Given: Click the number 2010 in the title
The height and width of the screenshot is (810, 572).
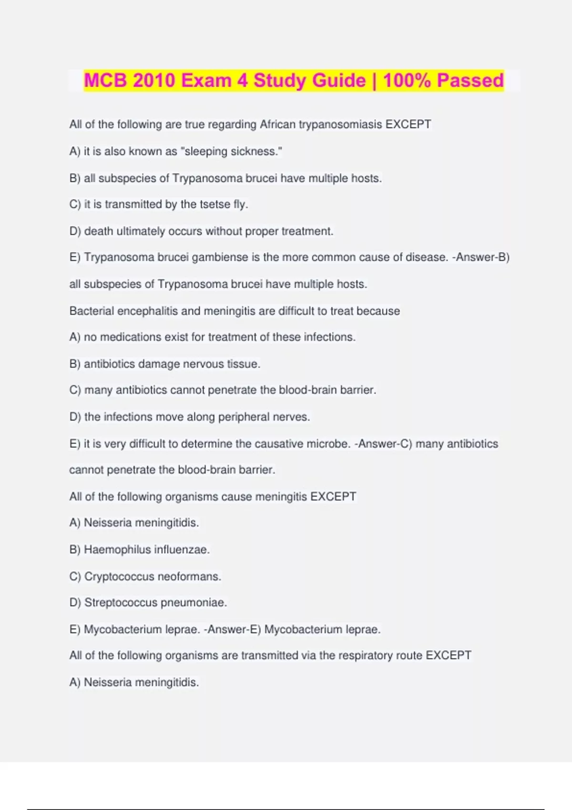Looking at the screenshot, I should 153,80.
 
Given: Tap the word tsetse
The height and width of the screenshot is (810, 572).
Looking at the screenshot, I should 215,204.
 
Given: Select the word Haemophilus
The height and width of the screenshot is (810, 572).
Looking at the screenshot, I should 117,550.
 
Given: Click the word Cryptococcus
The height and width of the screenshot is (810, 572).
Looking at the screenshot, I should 119,577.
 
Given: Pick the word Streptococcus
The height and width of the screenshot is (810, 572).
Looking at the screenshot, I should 121,603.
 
